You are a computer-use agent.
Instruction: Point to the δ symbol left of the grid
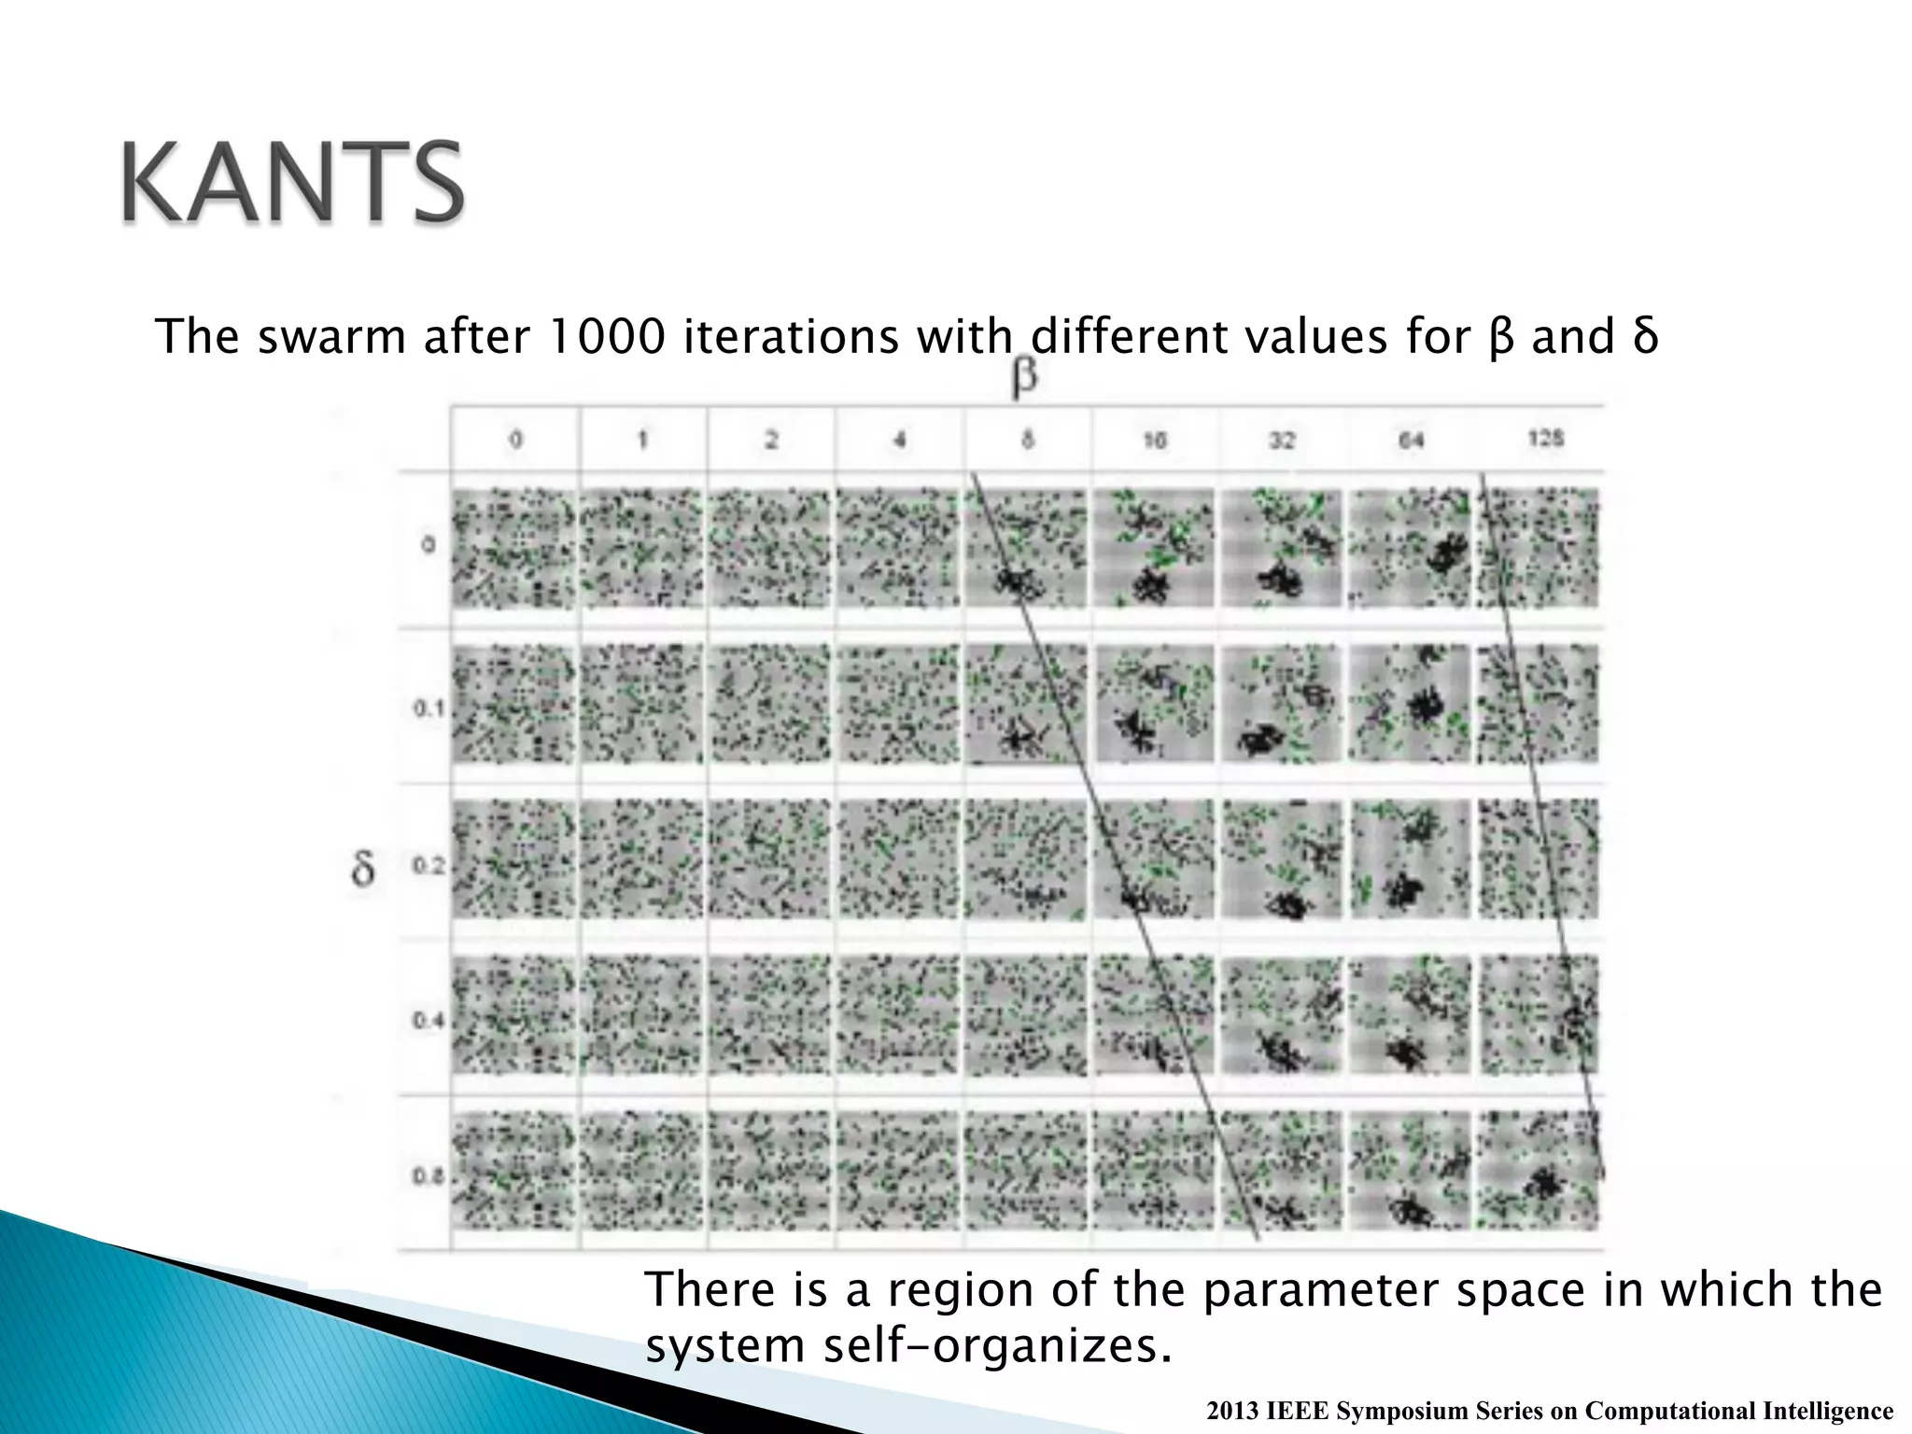click(x=362, y=868)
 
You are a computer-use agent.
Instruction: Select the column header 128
click(x=1545, y=438)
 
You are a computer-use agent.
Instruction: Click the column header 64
click(x=1411, y=439)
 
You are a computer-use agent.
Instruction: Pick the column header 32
click(x=1283, y=439)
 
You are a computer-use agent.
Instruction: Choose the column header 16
click(x=1155, y=439)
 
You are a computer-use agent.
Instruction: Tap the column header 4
click(x=899, y=439)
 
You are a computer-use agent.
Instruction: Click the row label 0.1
click(x=429, y=710)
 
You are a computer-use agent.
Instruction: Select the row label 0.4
click(x=429, y=1021)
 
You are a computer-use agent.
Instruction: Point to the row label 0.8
click(x=429, y=1176)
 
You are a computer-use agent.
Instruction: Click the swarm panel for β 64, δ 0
click(x=1411, y=548)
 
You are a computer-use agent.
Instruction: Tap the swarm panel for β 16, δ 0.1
click(x=1155, y=704)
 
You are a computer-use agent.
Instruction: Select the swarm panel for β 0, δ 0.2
click(x=514, y=859)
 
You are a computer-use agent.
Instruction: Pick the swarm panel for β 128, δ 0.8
click(x=1539, y=1170)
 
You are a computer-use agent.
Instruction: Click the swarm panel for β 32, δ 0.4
click(x=1283, y=1015)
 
